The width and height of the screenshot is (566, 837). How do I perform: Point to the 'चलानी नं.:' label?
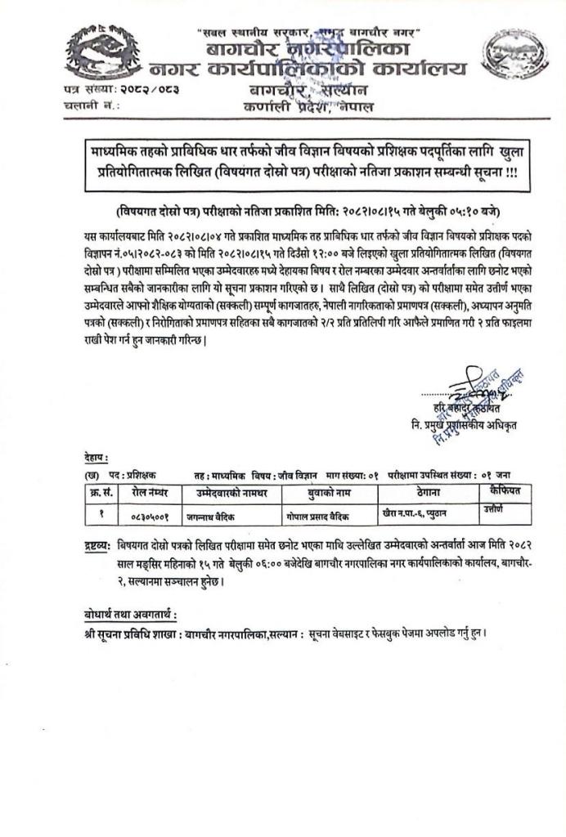click(91, 105)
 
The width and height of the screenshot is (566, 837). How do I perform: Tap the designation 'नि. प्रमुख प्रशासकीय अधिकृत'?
click(466, 425)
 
